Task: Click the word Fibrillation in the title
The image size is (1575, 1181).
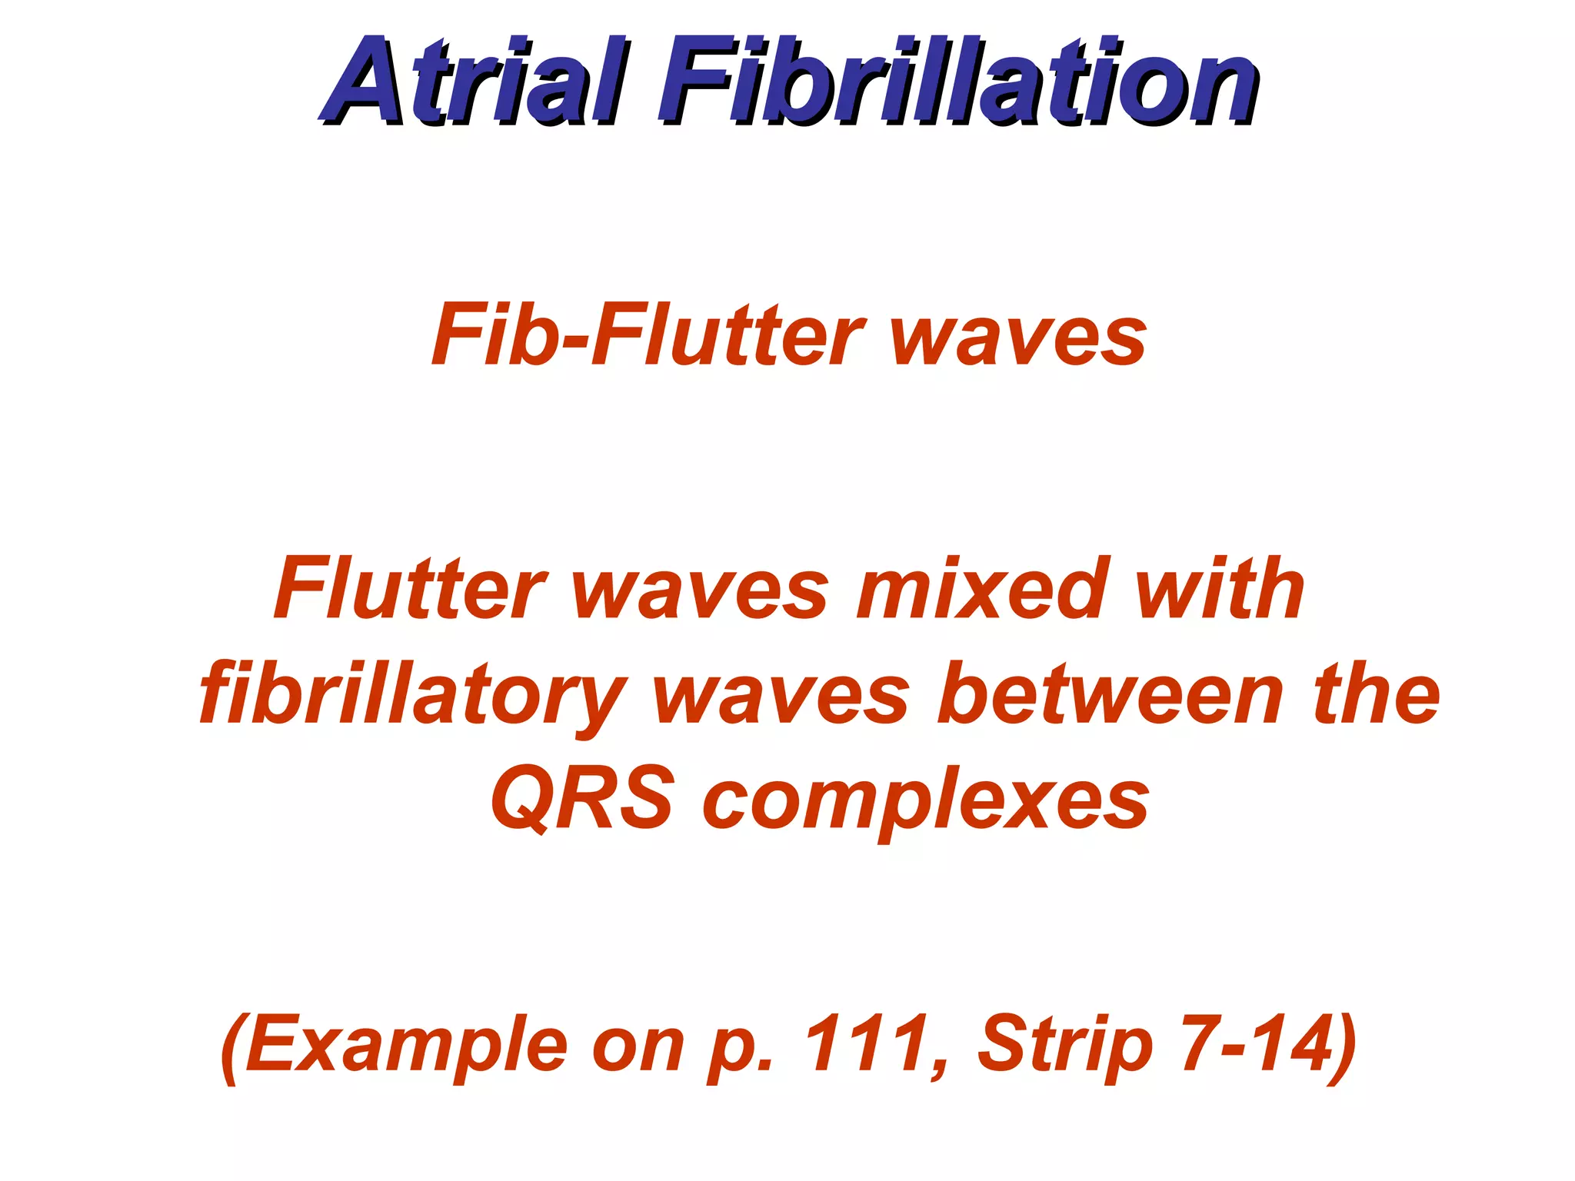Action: [x=957, y=83]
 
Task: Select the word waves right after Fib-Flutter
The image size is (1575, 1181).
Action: [x=1018, y=338]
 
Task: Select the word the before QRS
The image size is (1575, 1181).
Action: [x=1377, y=694]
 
